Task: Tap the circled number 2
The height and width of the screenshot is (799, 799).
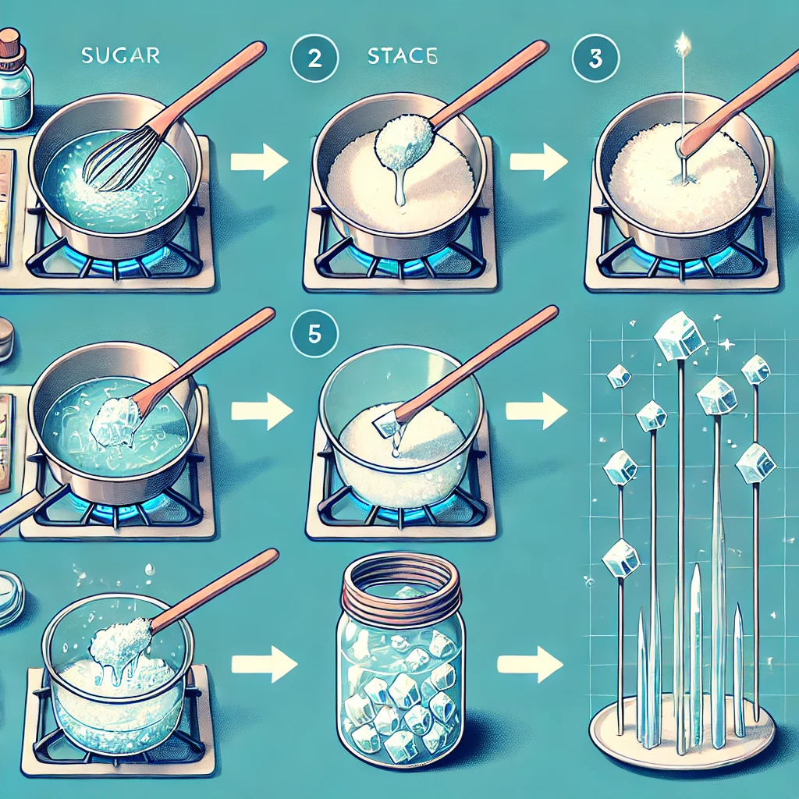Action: point(314,59)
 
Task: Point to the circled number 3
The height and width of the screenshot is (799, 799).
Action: point(595,59)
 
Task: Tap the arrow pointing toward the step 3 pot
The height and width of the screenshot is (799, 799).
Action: point(538,162)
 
